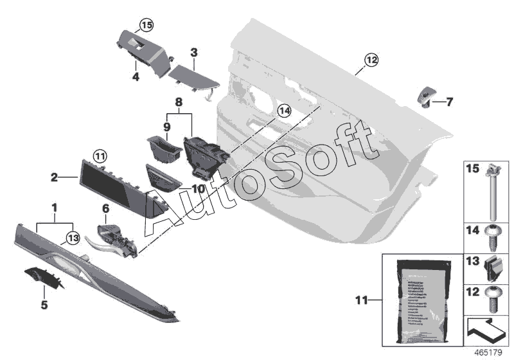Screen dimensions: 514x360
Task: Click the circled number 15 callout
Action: (x=146, y=26)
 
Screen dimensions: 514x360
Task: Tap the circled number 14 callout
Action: (x=285, y=111)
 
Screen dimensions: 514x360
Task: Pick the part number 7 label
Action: (x=449, y=102)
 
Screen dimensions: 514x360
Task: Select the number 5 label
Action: (x=44, y=305)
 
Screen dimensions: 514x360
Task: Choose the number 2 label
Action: (x=55, y=175)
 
